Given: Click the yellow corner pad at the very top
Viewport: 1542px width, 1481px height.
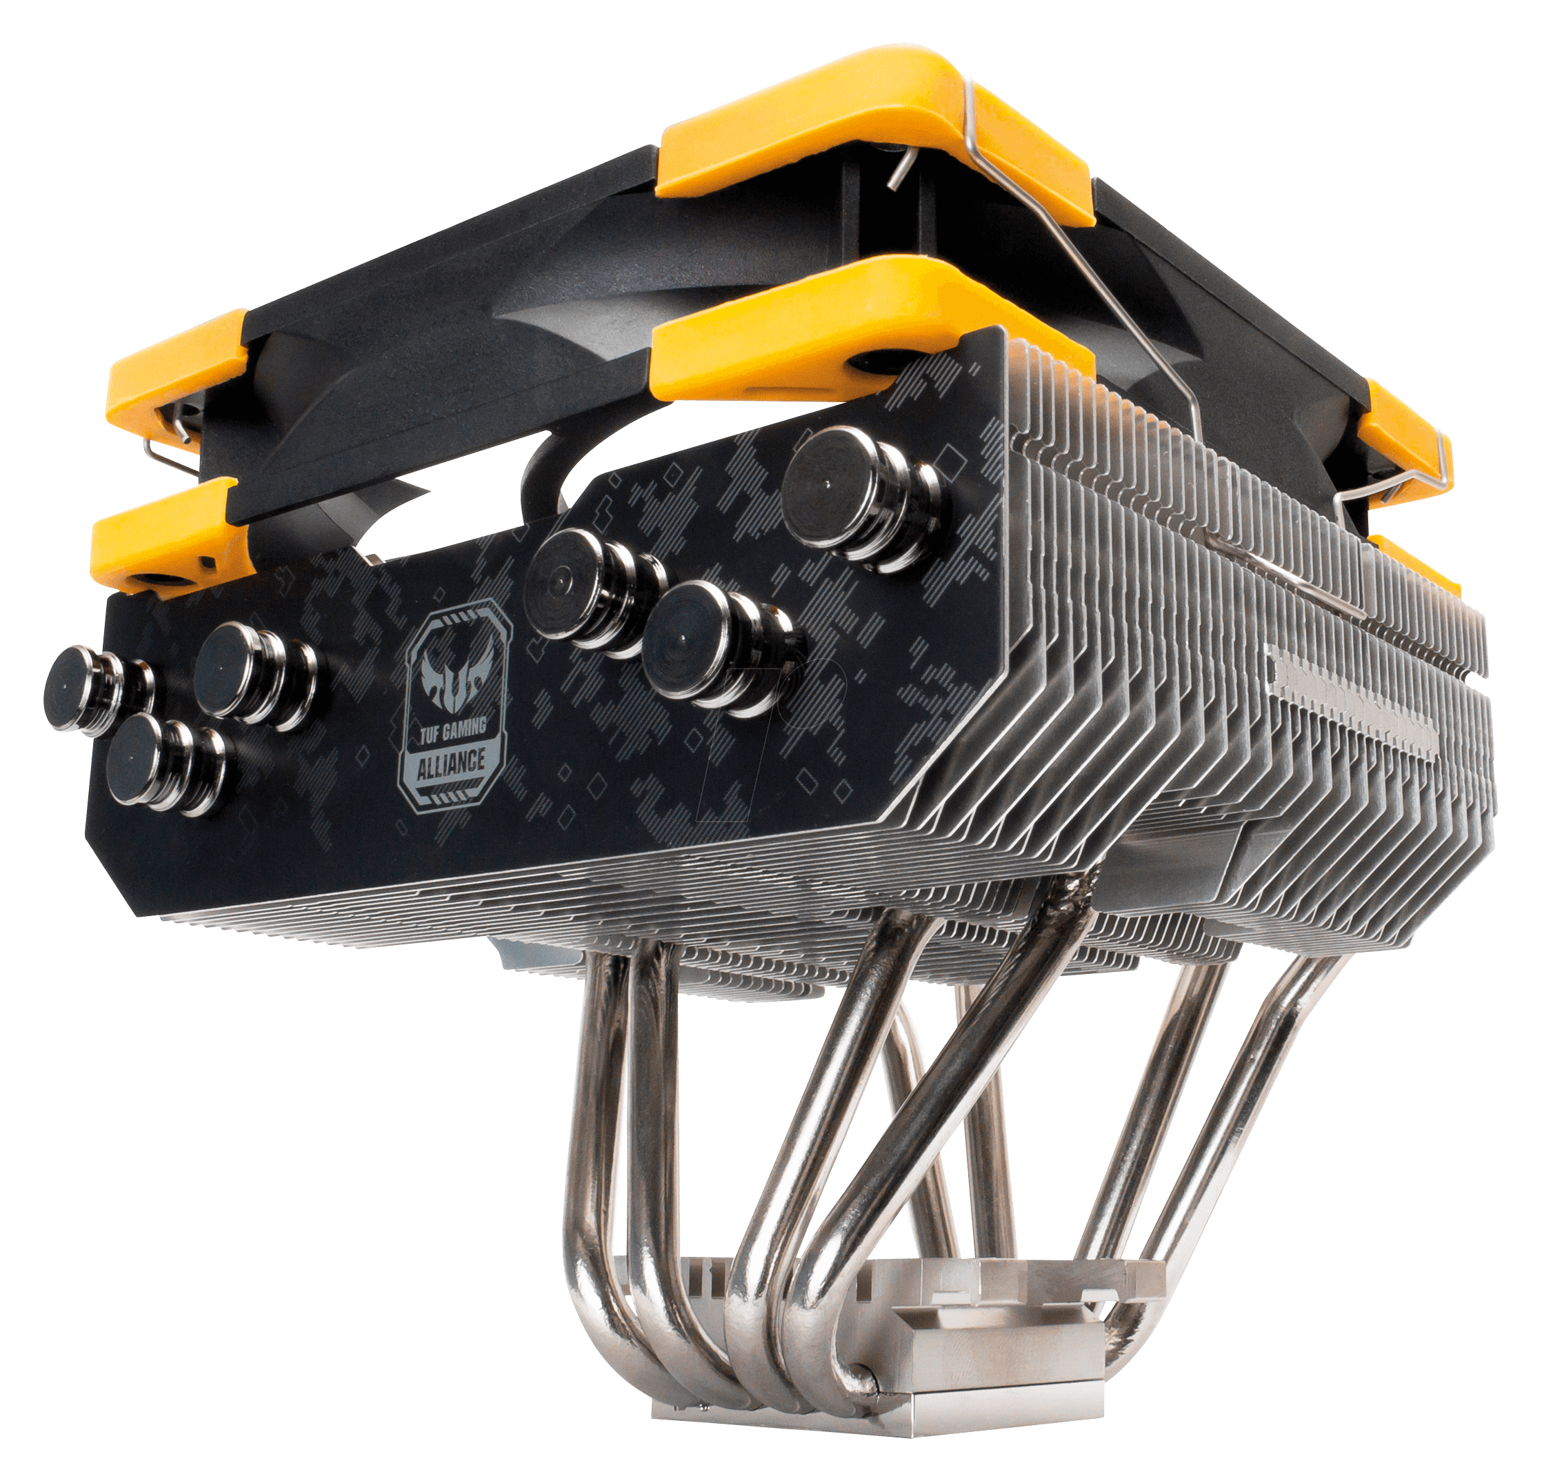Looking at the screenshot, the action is (x=873, y=134).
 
